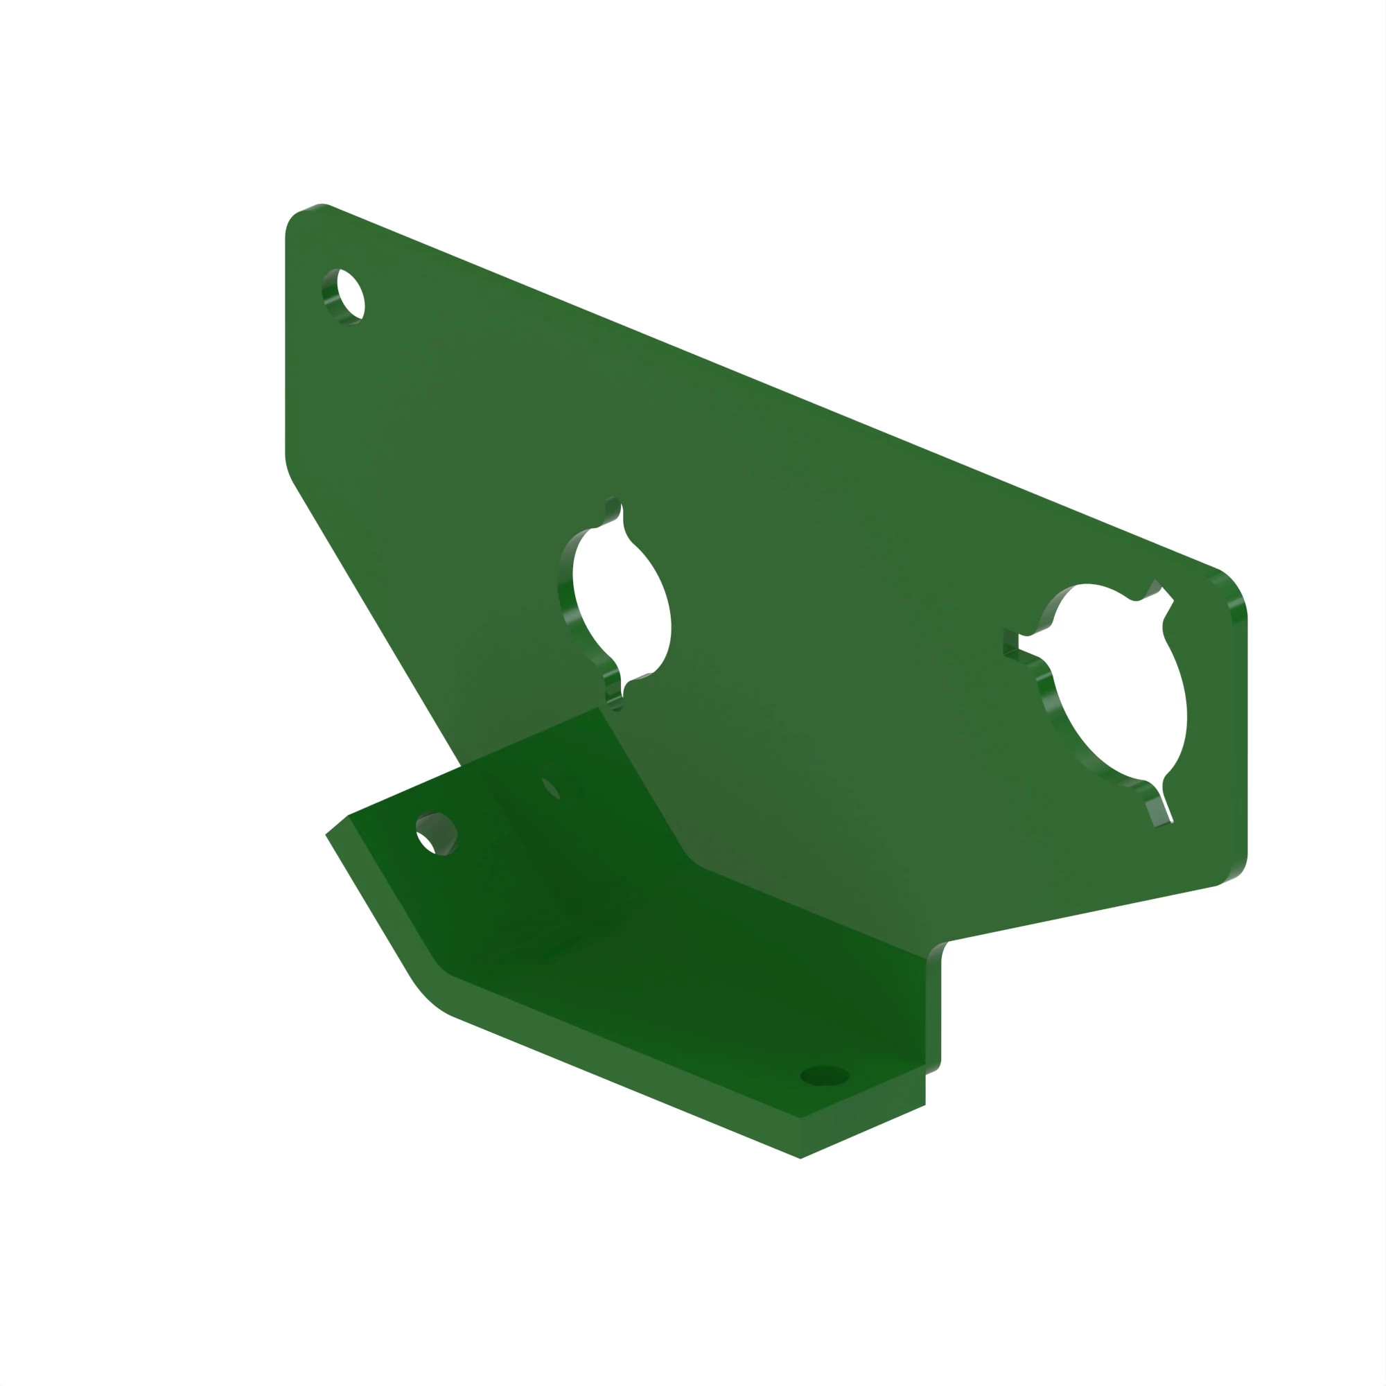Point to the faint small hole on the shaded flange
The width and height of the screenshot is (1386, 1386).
pyautogui.click(x=551, y=787)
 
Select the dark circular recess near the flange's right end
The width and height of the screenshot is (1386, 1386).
pyautogui.click(x=824, y=1076)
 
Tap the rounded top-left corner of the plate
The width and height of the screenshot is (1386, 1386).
pyautogui.click(x=301, y=219)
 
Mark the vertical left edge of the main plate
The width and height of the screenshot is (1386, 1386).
pyautogui.click(x=286, y=344)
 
